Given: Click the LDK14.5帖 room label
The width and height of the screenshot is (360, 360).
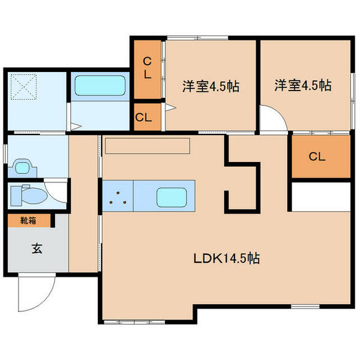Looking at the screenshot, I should click(x=226, y=259).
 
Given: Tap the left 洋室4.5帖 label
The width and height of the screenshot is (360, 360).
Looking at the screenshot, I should click(x=211, y=86).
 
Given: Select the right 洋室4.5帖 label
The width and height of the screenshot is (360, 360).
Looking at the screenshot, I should click(x=304, y=85).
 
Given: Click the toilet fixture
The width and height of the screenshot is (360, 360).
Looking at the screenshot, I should click(x=30, y=196).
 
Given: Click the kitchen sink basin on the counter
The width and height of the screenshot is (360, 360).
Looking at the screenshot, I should click(x=172, y=196).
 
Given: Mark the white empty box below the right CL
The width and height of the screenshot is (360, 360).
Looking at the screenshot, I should click(x=320, y=194).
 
